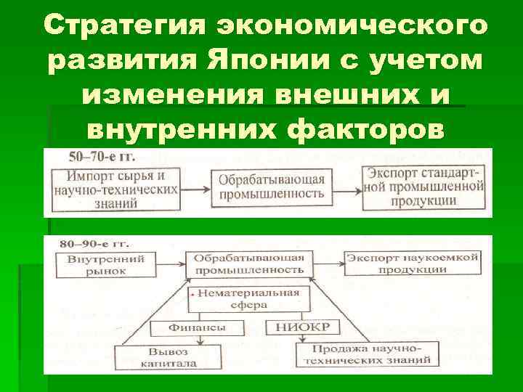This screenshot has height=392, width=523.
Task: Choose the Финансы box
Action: [197, 327]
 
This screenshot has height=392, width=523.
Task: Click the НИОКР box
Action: [291, 327]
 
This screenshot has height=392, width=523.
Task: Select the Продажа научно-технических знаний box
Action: [365, 355]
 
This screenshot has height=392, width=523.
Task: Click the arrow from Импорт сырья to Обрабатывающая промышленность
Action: [196, 189]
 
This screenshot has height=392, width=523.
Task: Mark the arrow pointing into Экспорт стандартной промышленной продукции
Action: [347, 189]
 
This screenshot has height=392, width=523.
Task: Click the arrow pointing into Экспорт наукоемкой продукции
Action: [328, 263]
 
